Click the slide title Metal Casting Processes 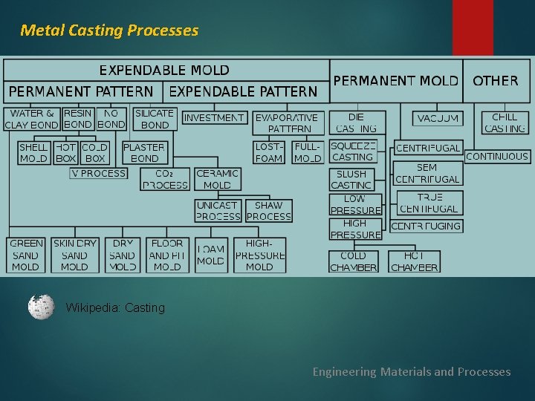[x=109, y=30]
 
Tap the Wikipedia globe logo [x=41, y=307]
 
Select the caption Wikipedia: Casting [x=115, y=307]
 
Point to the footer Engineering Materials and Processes [x=411, y=371]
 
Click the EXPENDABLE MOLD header [x=164, y=71]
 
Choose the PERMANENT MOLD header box [x=396, y=80]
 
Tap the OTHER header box [x=496, y=80]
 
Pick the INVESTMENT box [x=213, y=117]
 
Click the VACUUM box [x=438, y=118]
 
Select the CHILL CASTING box [x=505, y=123]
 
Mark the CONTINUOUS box [x=497, y=157]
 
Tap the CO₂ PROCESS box [x=166, y=179]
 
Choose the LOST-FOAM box [x=269, y=152]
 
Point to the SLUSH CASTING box [x=351, y=179]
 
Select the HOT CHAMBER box [x=414, y=261]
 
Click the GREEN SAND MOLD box [x=26, y=255]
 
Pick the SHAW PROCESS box [x=268, y=211]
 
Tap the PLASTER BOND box [x=144, y=152]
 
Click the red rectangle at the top [x=473, y=27]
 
